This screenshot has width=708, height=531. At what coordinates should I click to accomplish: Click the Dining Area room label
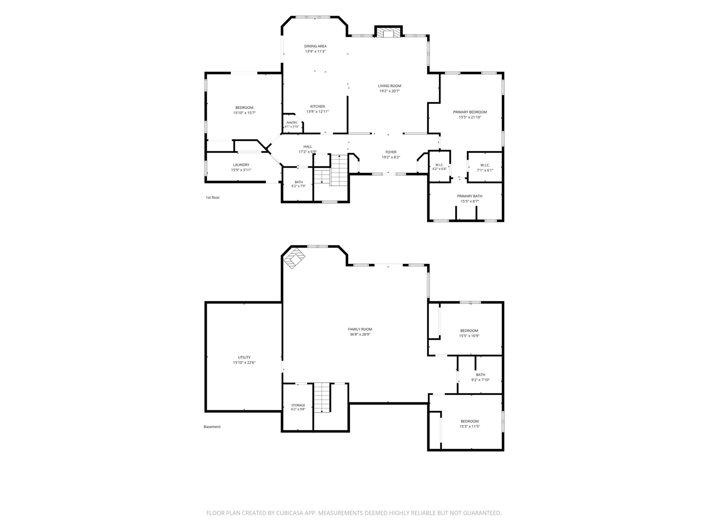point(315,46)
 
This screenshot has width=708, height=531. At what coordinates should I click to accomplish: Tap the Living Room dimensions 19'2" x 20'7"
point(389,91)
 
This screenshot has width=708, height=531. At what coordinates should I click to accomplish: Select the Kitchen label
point(317,106)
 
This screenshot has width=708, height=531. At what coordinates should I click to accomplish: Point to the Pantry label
point(292,123)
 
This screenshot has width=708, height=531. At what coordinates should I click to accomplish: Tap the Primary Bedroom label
point(470,112)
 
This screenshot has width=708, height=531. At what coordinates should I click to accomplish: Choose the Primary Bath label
point(469,196)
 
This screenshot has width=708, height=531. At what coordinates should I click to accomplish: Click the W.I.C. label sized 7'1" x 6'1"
point(485,165)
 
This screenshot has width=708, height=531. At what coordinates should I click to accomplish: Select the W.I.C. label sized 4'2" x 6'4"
point(439,165)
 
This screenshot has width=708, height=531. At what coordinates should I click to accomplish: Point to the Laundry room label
point(241,165)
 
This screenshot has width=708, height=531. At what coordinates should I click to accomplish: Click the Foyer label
point(391,152)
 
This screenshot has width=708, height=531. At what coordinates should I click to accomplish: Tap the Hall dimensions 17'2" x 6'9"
point(307,152)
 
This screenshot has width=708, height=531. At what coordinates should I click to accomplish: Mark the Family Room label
point(360,329)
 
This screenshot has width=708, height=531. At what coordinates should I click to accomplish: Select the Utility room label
point(244,357)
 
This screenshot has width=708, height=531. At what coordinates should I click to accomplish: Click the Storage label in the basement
point(298,405)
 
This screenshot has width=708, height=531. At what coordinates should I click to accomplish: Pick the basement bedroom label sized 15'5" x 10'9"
point(469,331)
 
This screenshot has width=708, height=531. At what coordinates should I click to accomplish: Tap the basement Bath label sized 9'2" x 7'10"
point(481,374)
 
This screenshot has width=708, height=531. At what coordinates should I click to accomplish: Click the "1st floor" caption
point(212,197)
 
